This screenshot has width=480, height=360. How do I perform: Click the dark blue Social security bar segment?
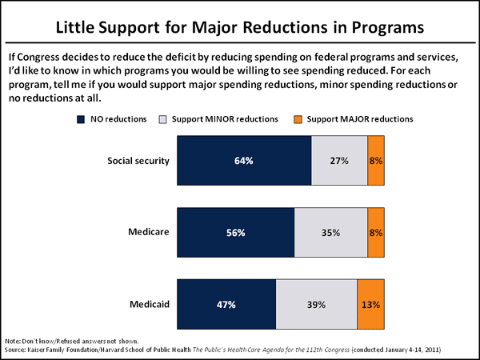point(244,161)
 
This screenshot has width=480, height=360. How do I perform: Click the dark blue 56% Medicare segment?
point(235,233)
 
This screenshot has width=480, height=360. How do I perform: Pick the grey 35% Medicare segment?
point(330,233)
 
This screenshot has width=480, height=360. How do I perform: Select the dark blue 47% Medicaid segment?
point(226,305)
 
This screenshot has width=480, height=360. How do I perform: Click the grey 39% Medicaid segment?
point(316,305)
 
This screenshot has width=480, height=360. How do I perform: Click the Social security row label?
point(138,161)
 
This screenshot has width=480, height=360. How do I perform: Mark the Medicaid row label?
point(149,305)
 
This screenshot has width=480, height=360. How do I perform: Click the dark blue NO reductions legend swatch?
point(81,119)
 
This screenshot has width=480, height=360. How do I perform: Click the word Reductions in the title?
point(283,26)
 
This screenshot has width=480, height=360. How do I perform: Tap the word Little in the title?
point(81,26)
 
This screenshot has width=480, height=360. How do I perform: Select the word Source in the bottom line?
point(16,350)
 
